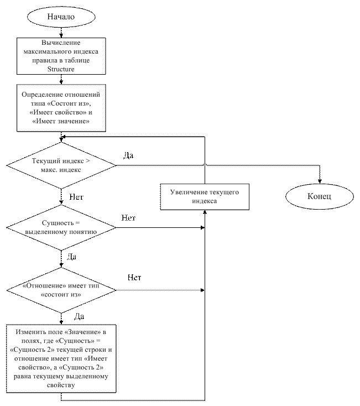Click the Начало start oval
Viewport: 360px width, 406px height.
tap(61, 17)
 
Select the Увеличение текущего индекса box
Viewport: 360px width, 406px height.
tap(205, 197)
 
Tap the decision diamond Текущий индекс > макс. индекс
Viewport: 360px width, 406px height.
tap(61, 165)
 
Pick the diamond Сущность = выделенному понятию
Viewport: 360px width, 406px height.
tap(61, 227)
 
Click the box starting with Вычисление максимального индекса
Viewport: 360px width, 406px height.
tap(61, 56)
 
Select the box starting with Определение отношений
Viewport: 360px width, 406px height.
tap(61, 108)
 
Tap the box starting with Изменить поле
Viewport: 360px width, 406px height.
tap(61, 358)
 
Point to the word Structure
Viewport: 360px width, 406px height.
tap(61, 69)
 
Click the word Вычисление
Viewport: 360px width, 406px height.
tap(61, 43)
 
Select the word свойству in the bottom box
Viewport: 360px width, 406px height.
tap(61, 385)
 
